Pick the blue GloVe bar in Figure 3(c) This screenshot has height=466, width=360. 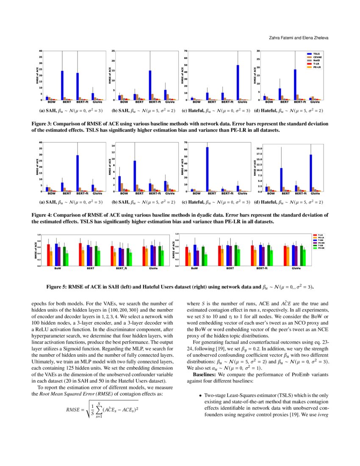pos(238,83)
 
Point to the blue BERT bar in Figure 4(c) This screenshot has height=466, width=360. pos(207,169)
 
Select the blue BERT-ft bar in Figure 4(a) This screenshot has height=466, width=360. pos(78,173)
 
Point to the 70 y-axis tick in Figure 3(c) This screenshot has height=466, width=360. pos(186,51)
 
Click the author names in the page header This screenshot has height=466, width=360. pos(299,38)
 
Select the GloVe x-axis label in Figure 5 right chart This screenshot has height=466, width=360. pos(296,269)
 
